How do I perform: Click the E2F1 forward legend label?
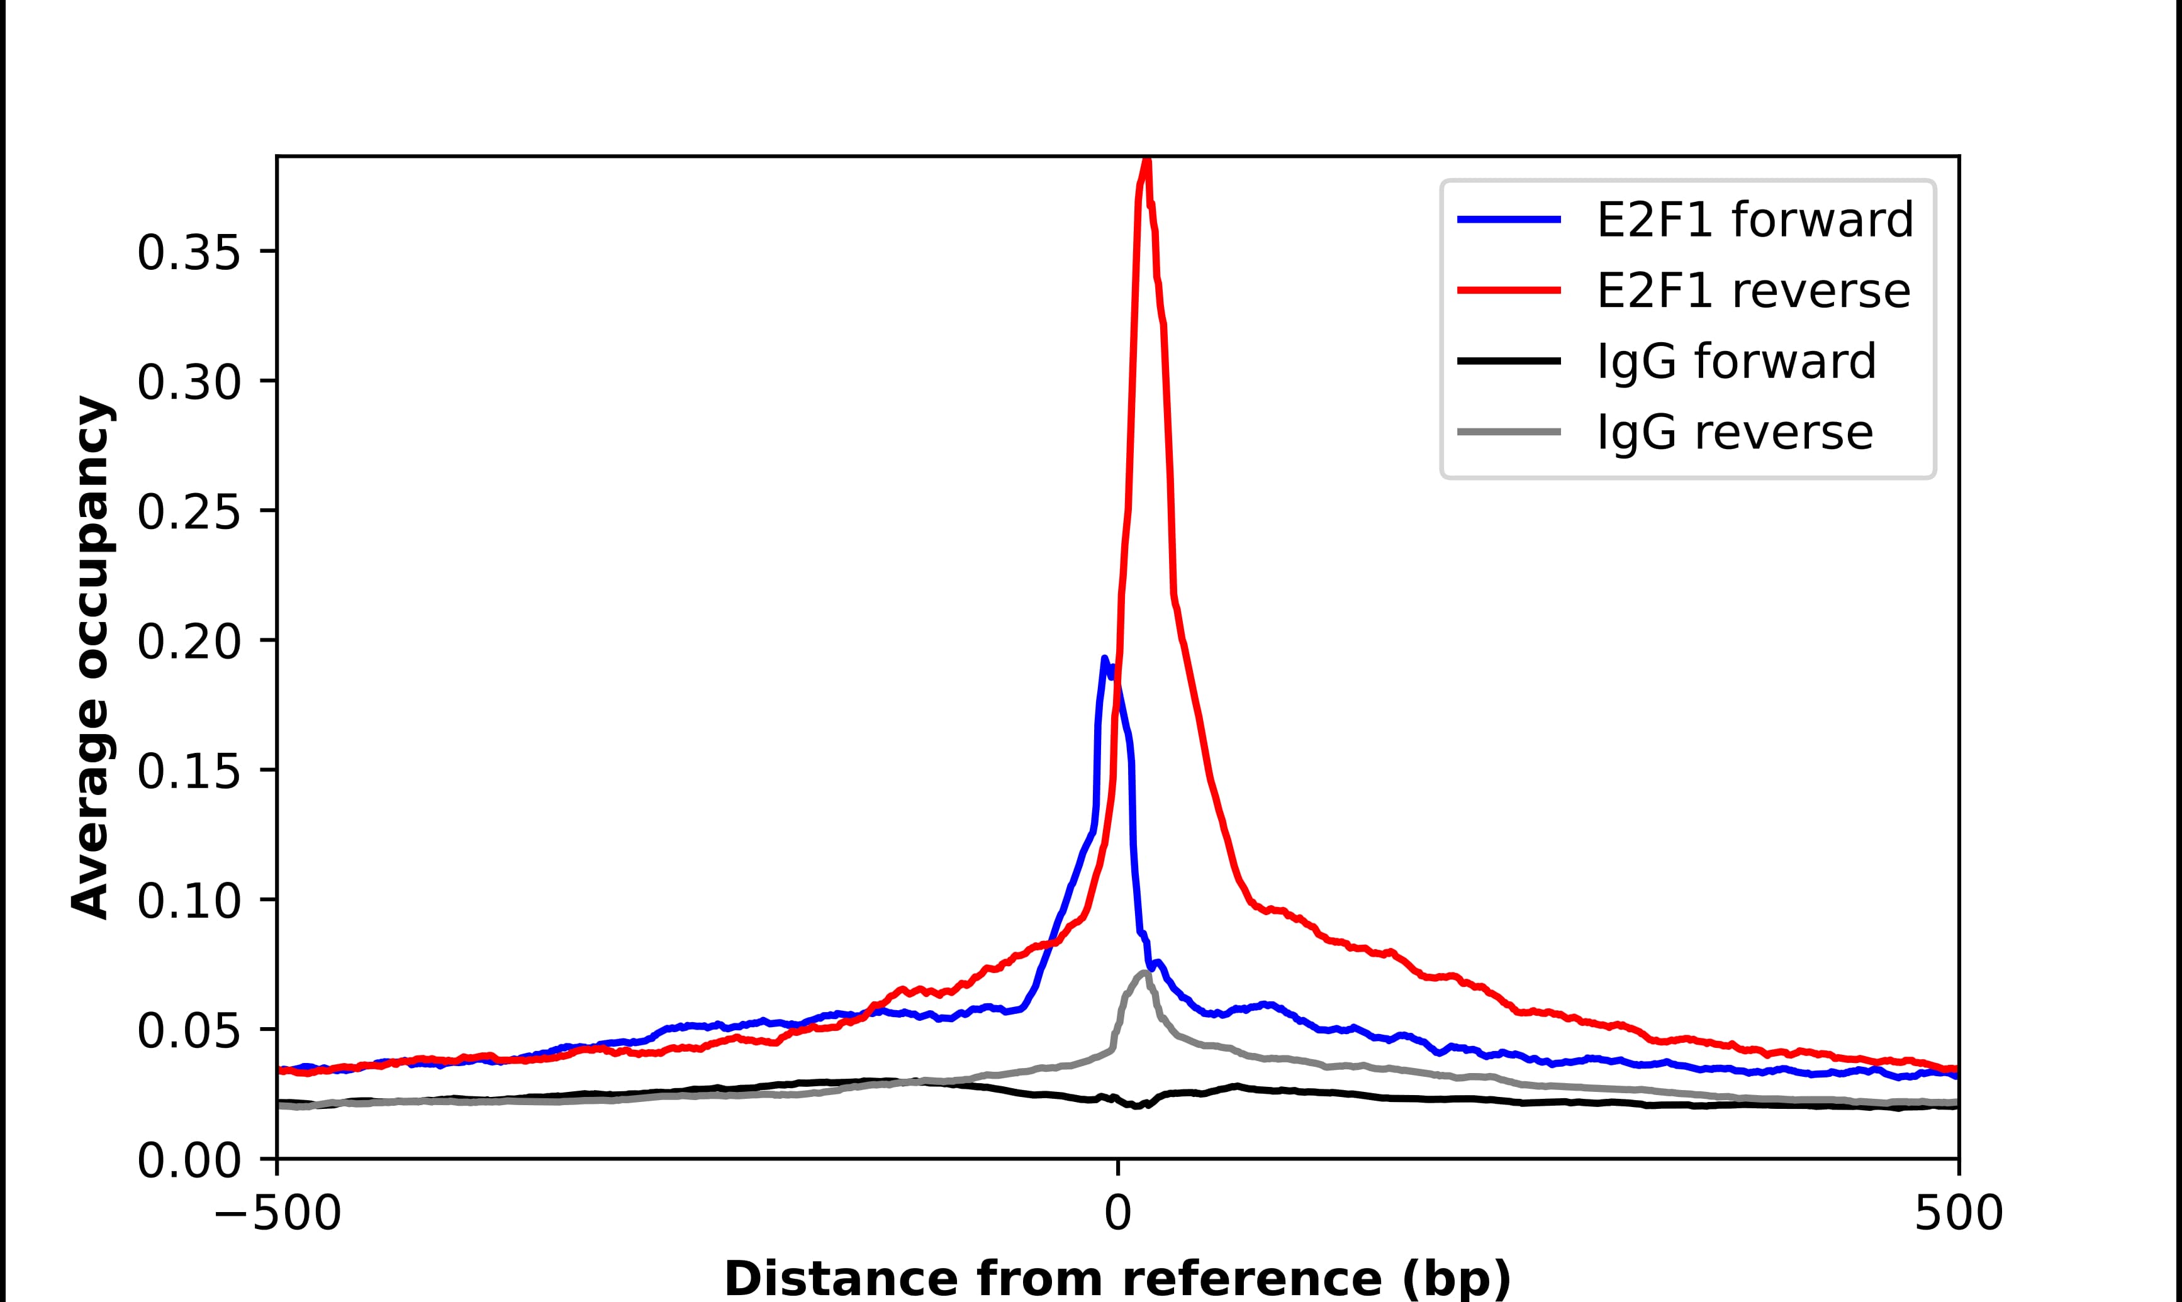tap(1755, 220)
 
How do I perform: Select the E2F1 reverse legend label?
tap(1753, 291)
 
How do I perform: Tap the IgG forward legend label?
tap(1735, 362)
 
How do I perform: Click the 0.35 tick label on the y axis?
tap(189, 253)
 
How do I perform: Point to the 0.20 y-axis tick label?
tap(189, 642)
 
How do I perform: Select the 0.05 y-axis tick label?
tap(189, 1031)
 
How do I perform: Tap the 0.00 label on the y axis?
tap(189, 1160)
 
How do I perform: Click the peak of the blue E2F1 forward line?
tap(1105, 658)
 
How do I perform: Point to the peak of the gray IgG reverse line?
tap(1144, 972)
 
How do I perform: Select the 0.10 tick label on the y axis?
tap(189, 901)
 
